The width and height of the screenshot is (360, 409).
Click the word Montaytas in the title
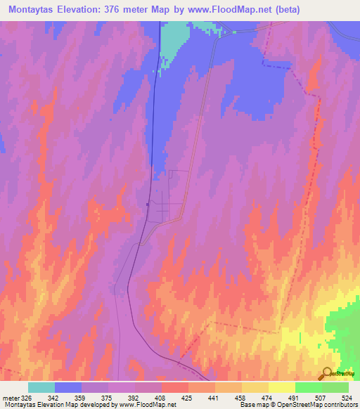pos(34,10)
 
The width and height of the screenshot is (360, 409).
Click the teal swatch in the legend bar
pos(41,388)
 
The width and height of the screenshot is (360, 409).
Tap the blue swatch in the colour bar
pos(68,388)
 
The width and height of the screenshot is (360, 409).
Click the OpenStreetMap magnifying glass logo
pos(328,372)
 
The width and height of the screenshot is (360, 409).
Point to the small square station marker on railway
pos(147,205)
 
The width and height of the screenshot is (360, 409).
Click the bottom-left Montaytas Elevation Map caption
pos(42,405)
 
